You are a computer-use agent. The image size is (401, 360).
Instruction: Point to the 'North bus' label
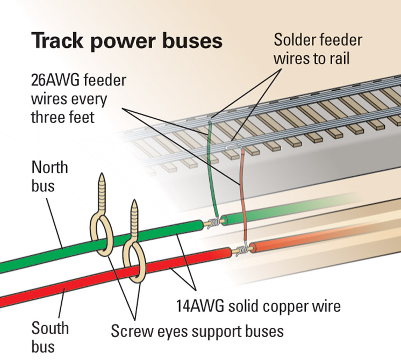click(x=49, y=176)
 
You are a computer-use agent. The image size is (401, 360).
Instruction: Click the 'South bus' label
click(x=50, y=336)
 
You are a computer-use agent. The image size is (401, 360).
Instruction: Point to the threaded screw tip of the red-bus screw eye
click(x=134, y=215)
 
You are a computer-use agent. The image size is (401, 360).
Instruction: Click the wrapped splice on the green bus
click(x=213, y=221)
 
